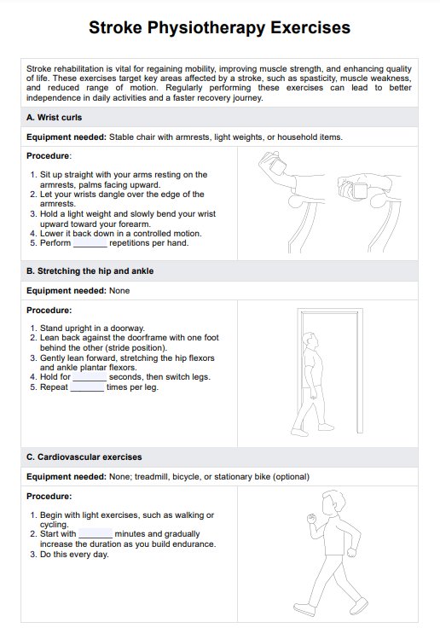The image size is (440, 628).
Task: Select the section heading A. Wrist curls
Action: (x=54, y=118)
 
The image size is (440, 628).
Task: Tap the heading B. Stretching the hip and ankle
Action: (x=90, y=270)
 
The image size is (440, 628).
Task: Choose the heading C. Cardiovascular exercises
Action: (x=84, y=457)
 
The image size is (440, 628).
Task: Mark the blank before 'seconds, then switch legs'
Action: (x=90, y=380)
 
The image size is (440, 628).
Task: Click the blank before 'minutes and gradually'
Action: (x=96, y=537)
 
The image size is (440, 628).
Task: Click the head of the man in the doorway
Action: (x=310, y=340)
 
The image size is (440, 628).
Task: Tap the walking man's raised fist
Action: (x=311, y=518)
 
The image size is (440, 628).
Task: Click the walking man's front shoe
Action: (x=360, y=607)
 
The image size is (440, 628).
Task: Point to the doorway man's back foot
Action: (x=299, y=432)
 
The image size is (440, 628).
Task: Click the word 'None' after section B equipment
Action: (x=119, y=291)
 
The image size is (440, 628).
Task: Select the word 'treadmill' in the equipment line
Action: (x=152, y=477)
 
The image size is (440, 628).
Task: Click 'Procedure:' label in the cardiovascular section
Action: (x=49, y=497)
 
